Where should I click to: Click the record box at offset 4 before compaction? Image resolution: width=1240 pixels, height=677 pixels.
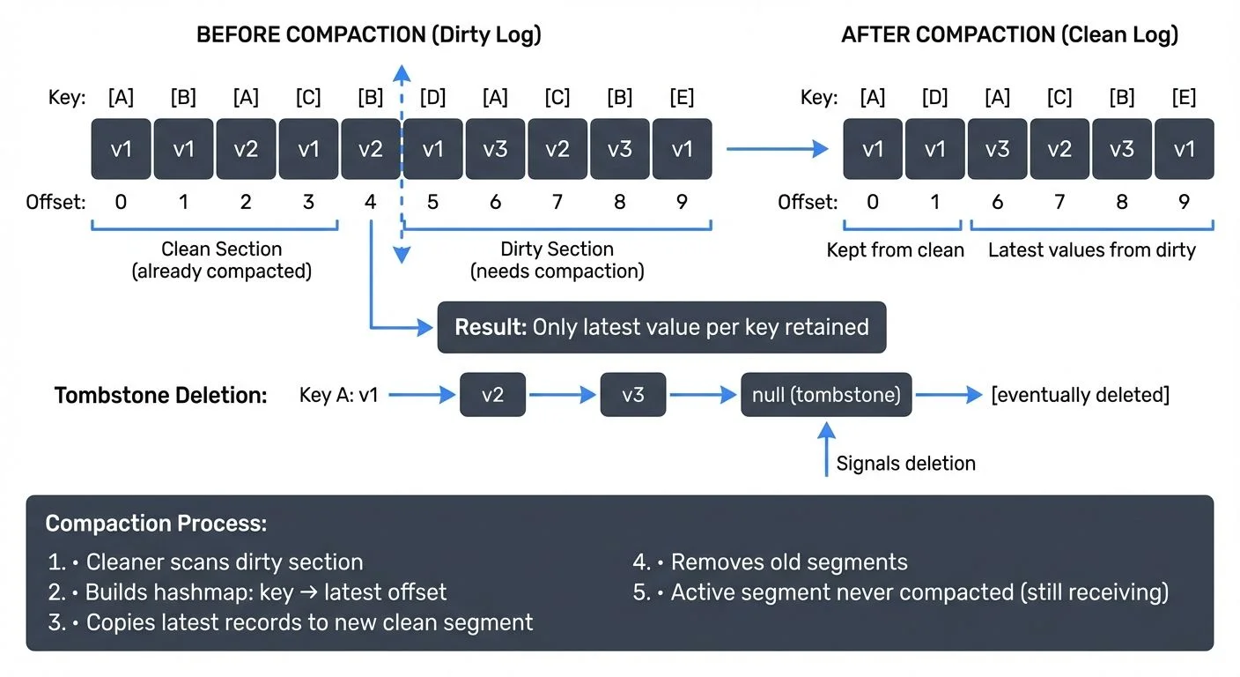coord(371,149)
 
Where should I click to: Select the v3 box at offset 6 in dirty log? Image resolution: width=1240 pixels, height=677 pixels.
coord(495,149)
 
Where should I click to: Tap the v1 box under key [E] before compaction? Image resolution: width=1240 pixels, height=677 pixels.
coord(682,149)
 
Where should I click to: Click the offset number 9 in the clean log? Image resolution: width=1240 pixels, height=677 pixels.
coord(1184,203)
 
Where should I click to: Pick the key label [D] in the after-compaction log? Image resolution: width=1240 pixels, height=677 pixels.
coord(934,97)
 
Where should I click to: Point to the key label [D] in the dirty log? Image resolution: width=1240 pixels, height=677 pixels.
coord(432,97)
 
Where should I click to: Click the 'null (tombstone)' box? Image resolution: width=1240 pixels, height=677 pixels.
coord(826,395)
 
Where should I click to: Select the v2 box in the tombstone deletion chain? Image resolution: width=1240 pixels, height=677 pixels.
coord(492,395)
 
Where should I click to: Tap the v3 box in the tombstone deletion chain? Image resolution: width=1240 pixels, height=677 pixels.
coord(632,395)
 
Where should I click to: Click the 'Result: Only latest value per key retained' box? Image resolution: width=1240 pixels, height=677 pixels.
coord(661,328)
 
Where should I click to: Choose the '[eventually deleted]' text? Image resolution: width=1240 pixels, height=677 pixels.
coord(1080,395)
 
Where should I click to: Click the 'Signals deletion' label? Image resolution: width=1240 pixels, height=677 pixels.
coord(905,464)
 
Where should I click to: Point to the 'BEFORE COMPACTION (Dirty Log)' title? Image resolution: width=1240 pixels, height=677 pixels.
coord(368,35)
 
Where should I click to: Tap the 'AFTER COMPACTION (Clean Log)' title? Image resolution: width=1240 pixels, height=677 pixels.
coord(1009,35)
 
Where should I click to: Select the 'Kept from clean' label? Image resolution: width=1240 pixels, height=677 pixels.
coord(895,250)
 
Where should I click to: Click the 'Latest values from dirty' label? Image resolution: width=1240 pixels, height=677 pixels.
coord(1091,250)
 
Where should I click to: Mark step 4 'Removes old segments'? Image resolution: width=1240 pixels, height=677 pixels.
coord(771,562)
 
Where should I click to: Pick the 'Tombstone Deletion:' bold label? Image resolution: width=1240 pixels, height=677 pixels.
coord(160,396)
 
